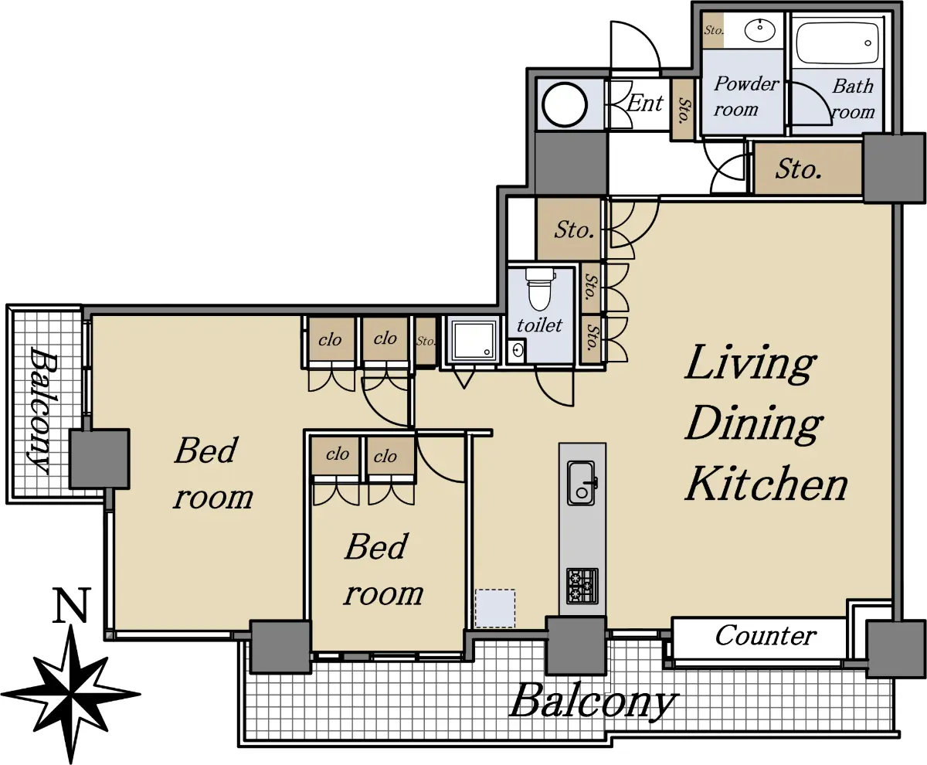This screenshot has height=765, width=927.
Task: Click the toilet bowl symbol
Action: [x=539, y=289]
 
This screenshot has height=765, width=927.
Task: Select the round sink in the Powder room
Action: [x=759, y=30]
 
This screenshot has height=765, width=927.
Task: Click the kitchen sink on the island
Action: [x=582, y=484]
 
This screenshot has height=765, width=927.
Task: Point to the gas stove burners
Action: [x=582, y=586]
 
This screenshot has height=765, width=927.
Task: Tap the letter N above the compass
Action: [x=71, y=605]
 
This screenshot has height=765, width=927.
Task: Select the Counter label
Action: [x=766, y=635]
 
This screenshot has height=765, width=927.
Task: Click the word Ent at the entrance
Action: [x=644, y=103]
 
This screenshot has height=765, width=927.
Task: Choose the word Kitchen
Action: [x=766, y=483]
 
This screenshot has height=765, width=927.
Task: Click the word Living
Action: [x=750, y=364]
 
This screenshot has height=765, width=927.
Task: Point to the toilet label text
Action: [x=539, y=325]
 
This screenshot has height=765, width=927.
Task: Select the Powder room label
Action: [x=746, y=96]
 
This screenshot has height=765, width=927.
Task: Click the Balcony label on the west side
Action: [x=43, y=410]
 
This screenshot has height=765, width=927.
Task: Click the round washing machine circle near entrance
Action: [x=565, y=105]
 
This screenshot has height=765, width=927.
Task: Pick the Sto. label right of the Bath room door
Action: [x=798, y=169]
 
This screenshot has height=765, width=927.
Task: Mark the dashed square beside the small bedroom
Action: [x=495, y=608]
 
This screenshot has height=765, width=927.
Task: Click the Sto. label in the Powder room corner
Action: [x=714, y=30]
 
